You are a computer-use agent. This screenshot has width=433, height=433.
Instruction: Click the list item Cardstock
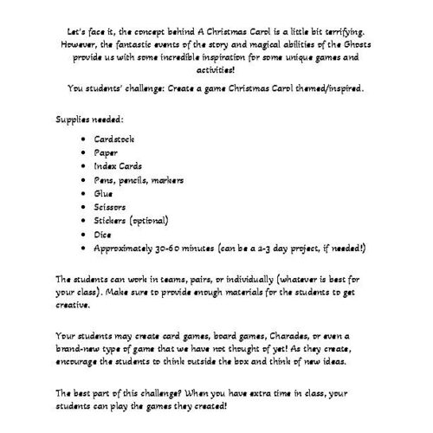(x=114, y=139)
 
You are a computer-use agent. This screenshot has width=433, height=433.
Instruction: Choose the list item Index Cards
(x=120, y=165)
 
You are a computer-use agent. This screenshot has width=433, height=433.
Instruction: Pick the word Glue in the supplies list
(x=103, y=193)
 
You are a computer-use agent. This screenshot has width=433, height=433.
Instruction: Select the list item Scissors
(x=111, y=206)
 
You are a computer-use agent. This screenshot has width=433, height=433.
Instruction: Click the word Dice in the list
(x=102, y=234)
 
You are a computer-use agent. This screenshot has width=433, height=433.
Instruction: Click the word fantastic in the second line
(x=144, y=42)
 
